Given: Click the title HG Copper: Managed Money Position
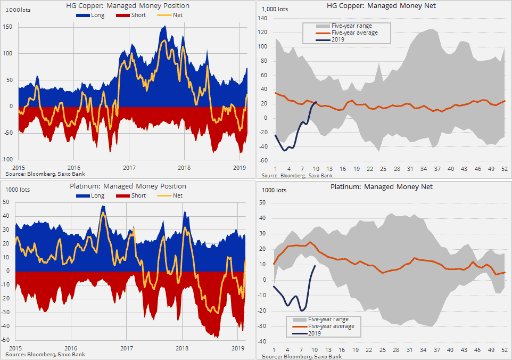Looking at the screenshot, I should point(128,6).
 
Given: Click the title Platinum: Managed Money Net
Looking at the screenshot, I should point(382,187).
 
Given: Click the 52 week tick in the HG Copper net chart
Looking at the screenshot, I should point(504,169).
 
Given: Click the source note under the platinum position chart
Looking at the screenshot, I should point(44,354).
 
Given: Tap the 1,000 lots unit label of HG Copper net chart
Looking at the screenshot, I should point(276,9).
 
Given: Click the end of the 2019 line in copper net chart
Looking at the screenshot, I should point(316,102).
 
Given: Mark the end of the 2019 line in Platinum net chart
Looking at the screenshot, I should point(315,265).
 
